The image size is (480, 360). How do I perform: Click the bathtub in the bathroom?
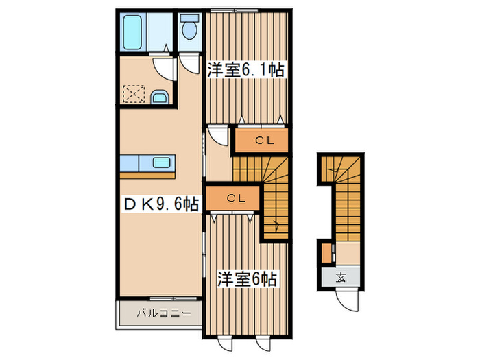click(132, 31)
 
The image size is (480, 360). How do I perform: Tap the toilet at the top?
click(189, 28)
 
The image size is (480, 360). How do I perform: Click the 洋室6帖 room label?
click(248, 279)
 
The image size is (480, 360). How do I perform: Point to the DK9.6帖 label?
click(162, 204)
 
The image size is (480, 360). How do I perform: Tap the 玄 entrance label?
click(341, 277)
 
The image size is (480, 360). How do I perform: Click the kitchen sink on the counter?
click(162, 163)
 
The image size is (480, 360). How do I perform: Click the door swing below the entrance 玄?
click(348, 300)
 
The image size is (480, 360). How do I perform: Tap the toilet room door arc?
click(190, 64)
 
